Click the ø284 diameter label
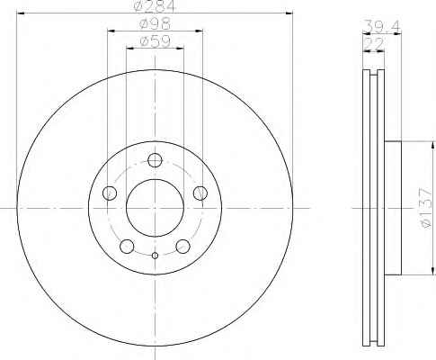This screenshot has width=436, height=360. [x=154, y=6]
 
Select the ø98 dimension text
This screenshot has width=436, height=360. [x=155, y=23]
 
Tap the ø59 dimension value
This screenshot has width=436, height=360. [x=155, y=41]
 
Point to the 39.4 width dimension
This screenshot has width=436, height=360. [x=381, y=26]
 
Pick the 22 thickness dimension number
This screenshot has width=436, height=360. [x=373, y=44]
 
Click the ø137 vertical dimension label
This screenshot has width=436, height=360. [x=425, y=208]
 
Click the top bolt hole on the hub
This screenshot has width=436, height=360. [x=155, y=160]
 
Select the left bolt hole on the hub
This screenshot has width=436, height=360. [x=110, y=193]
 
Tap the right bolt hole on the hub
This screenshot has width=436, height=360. [x=200, y=193]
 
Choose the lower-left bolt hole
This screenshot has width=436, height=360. [x=127, y=247]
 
